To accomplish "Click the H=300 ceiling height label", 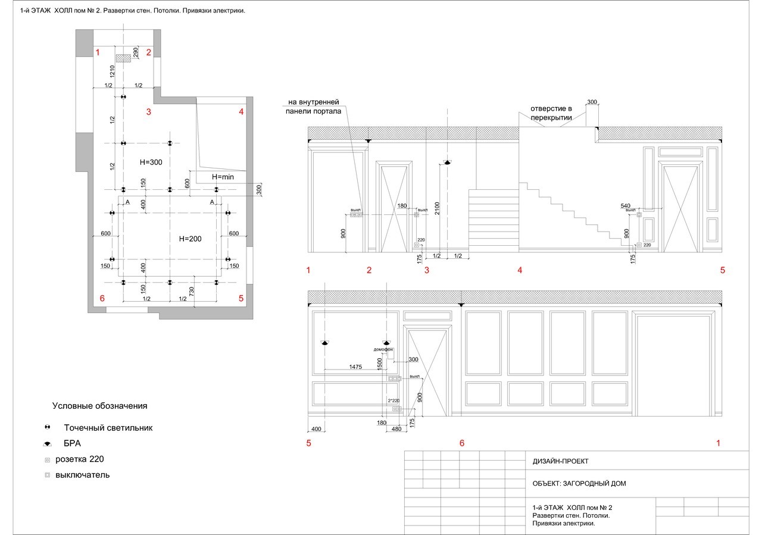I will click(151, 162).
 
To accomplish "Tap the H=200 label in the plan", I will click(190, 239).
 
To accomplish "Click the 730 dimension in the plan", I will click(191, 291).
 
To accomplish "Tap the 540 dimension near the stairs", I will click(626, 206).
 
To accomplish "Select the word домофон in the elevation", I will click(383, 349).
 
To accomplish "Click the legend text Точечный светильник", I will click(108, 428).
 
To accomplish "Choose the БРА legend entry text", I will click(72, 443).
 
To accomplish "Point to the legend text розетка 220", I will click(80, 459).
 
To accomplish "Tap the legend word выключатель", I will click(82, 475).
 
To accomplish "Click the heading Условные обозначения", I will click(99, 406).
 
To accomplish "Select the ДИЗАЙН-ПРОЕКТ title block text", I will click(560, 461).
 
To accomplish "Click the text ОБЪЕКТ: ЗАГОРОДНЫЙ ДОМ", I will click(579, 483).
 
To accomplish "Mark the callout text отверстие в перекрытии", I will click(551, 113).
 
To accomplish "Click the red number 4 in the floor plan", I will click(241, 111).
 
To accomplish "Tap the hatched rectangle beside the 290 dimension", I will click(123, 58).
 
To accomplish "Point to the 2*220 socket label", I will click(394, 401).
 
